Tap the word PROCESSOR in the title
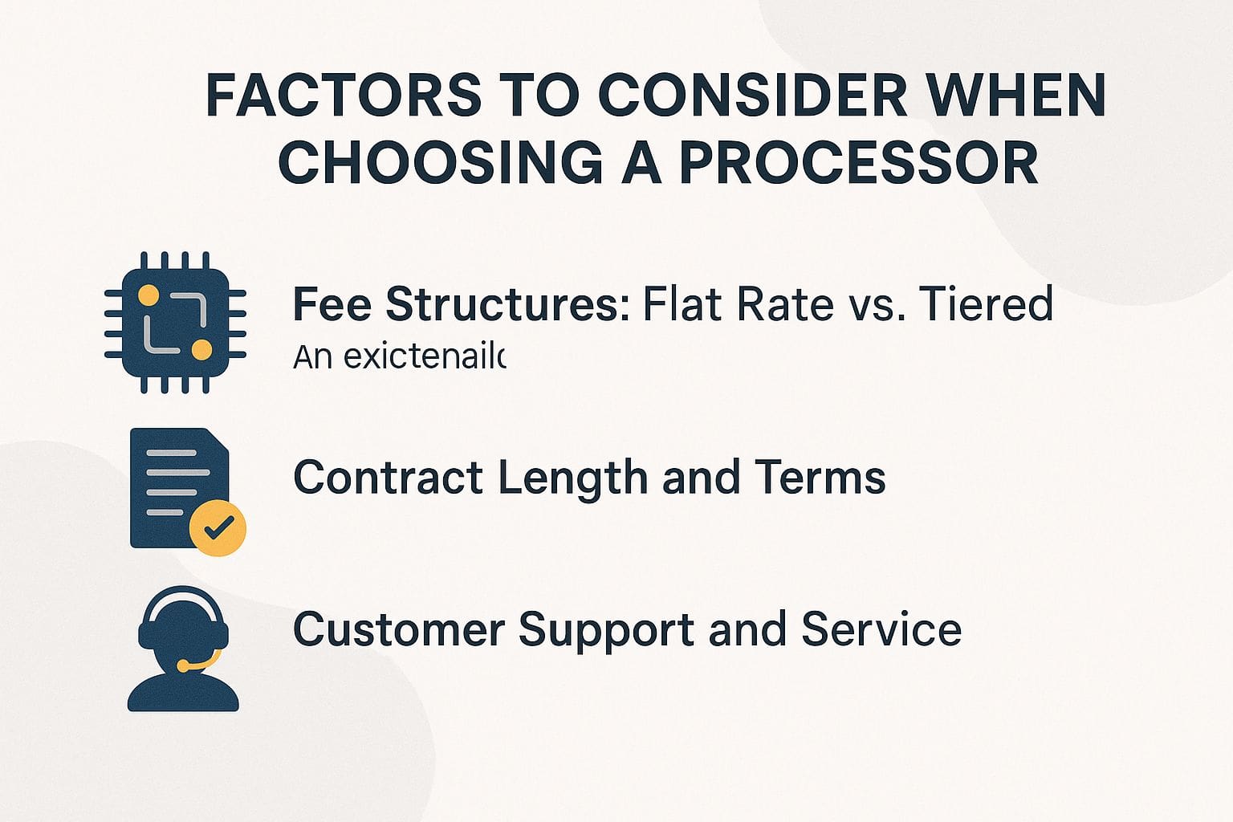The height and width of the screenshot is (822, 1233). (x=859, y=163)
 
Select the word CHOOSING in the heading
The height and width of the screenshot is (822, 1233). (x=441, y=163)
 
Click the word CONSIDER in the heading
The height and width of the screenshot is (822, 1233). (x=753, y=95)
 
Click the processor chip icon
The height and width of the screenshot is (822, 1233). (x=175, y=323)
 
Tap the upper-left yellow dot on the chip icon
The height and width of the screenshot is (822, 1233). (x=149, y=295)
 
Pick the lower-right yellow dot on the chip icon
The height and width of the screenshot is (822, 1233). (x=202, y=350)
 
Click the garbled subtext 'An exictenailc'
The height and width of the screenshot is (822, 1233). (x=399, y=356)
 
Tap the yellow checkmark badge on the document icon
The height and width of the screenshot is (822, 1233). (x=217, y=527)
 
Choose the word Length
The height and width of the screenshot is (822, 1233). (x=573, y=479)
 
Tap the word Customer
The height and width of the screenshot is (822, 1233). (x=398, y=629)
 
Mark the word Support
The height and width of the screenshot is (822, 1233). (x=606, y=631)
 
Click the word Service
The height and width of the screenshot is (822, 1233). (x=881, y=629)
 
